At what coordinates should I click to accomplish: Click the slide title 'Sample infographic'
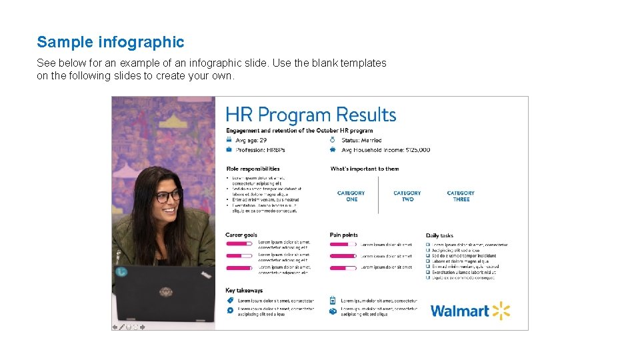(111, 42)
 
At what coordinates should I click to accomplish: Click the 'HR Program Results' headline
(311, 115)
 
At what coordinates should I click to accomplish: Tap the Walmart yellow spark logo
(501, 311)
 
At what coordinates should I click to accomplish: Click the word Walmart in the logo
(460, 311)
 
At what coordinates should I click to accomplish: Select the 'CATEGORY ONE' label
(351, 196)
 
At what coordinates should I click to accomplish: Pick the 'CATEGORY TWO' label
(407, 196)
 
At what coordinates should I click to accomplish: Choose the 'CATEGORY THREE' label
(461, 196)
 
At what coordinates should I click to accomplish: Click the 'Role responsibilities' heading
(253, 169)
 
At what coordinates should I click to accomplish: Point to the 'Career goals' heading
(241, 235)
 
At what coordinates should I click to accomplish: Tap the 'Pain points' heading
(343, 235)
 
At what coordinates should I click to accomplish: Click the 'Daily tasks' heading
(439, 235)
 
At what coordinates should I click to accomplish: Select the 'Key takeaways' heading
(244, 291)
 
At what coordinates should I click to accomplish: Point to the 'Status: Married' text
(361, 140)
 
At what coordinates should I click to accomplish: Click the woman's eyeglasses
(168, 196)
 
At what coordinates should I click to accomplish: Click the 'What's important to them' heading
(365, 169)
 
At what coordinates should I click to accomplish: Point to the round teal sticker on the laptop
(121, 272)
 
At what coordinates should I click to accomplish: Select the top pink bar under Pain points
(343, 245)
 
